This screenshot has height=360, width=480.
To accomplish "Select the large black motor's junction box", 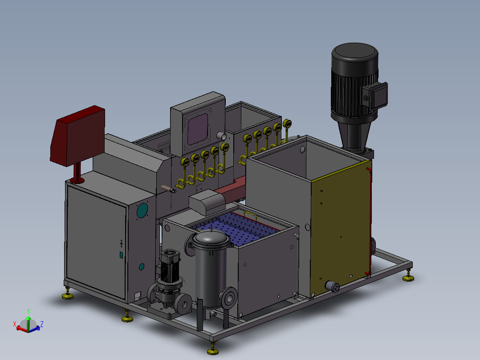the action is coord(375,96).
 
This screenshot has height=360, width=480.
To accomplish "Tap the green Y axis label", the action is coord(28,311).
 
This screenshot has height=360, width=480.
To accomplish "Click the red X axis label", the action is coord(14,324).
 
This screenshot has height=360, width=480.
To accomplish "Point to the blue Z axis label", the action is coord(42,324).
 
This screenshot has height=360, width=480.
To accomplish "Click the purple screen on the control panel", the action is coord(198,129).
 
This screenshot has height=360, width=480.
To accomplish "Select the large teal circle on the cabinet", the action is coord(142,210).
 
